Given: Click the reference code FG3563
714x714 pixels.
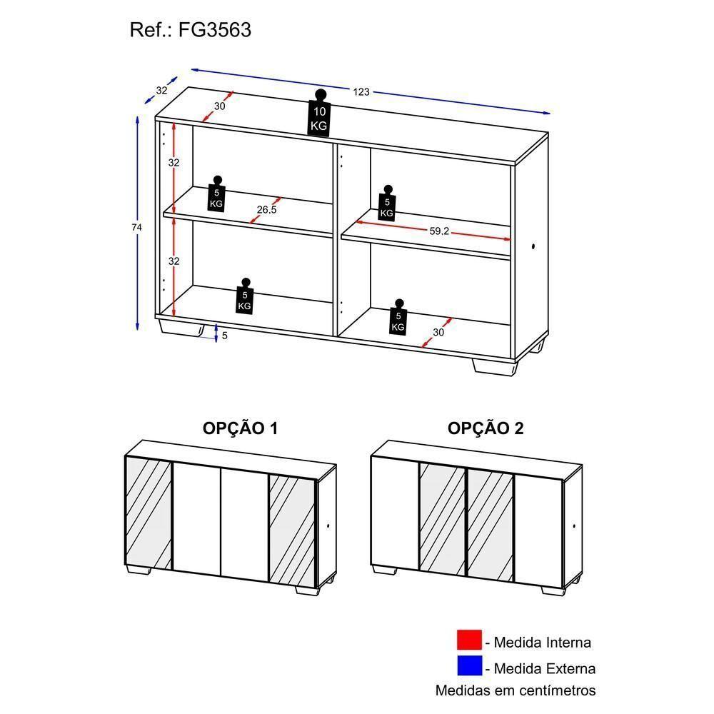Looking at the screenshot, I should [x=221, y=31].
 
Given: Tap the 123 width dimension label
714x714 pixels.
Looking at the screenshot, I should [x=361, y=91].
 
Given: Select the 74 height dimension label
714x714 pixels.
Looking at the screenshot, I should [x=137, y=227].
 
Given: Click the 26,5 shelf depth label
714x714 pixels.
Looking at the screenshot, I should [x=266, y=210].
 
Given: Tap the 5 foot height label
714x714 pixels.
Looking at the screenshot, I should [x=224, y=335].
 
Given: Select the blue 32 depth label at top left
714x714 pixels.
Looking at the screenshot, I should [x=161, y=91].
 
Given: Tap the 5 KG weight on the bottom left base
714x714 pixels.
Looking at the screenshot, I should [x=244, y=296].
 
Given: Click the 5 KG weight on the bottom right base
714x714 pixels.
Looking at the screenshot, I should [x=398, y=318].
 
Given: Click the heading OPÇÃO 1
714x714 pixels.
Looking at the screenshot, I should [x=241, y=428].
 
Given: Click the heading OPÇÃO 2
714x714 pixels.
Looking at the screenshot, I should [x=486, y=428].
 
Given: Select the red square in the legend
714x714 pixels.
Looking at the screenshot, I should [x=469, y=640].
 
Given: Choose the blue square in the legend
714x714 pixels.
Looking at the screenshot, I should [x=469, y=667].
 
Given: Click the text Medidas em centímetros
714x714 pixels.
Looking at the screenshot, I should [x=516, y=690].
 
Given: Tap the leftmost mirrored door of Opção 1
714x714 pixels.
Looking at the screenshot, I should [x=149, y=512].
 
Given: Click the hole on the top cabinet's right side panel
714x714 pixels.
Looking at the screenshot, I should [x=534, y=248].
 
